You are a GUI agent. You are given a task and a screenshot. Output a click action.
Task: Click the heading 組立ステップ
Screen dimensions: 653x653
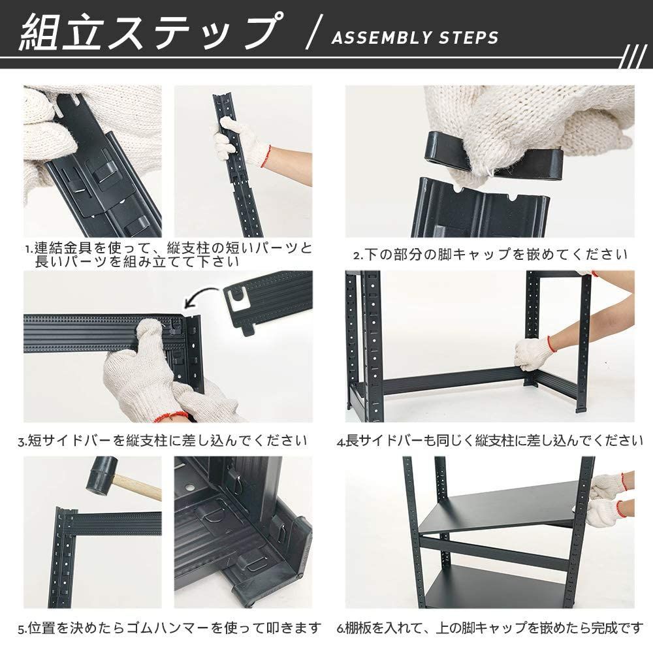(148, 32)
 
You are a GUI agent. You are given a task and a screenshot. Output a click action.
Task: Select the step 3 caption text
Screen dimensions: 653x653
(163, 440)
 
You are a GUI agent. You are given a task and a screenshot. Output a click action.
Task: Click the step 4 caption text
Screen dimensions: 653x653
(490, 440)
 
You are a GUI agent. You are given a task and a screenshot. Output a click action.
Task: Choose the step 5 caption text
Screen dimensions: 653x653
(170, 628)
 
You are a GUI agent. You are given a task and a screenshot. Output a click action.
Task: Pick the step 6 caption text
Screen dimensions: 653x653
(490, 628)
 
